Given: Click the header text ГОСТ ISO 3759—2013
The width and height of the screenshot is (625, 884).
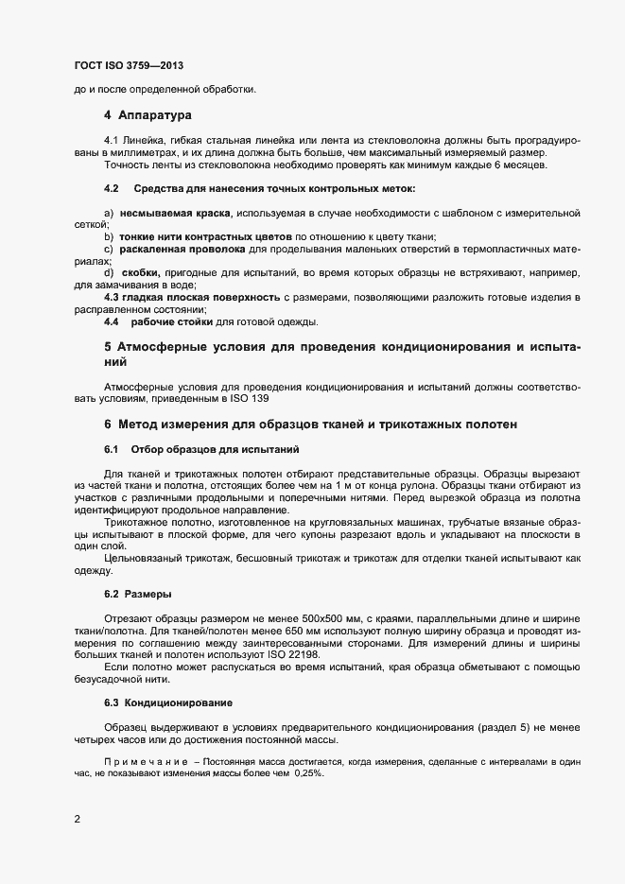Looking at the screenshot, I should (128, 65).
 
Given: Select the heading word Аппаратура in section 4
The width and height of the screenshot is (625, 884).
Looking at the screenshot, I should (155, 115).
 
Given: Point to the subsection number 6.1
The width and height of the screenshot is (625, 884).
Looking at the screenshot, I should (111, 447).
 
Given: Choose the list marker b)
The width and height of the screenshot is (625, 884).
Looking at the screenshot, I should (109, 235).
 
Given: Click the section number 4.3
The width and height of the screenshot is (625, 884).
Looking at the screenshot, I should (111, 297).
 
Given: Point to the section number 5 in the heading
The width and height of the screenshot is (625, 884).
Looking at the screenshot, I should (109, 348).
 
